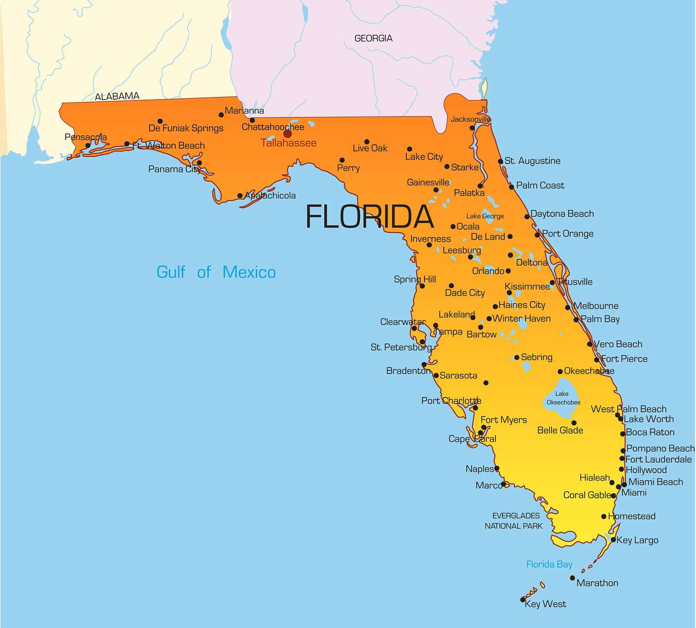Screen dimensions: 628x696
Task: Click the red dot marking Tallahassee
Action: tap(288, 134)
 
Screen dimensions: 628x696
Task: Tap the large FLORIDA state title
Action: tap(370, 217)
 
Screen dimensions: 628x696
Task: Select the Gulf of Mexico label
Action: tap(216, 272)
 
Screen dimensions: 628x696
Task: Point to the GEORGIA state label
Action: tap(373, 38)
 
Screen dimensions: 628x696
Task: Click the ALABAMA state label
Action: tap(117, 96)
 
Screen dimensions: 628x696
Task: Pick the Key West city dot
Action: tap(523, 600)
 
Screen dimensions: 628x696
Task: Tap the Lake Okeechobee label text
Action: tap(563, 398)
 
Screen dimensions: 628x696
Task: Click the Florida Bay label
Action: tap(549, 564)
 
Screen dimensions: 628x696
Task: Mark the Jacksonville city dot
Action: tap(472, 128)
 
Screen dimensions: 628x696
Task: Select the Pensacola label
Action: tap(86, 137)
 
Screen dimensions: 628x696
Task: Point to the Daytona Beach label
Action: tap(562, 214)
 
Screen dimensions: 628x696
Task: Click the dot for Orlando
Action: tap(508, 271)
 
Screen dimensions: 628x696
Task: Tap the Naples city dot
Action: tap(497, 468)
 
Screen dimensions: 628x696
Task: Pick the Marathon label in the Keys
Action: tap(597, 583)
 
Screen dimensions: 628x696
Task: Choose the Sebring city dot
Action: tap(517, 357)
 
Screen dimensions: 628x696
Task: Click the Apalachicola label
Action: tap(270, 196)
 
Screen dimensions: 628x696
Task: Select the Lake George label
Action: tap(485, 216)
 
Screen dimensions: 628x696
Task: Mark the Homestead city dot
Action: tap(604, 517)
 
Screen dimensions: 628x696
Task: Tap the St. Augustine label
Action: tap(532, 161)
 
